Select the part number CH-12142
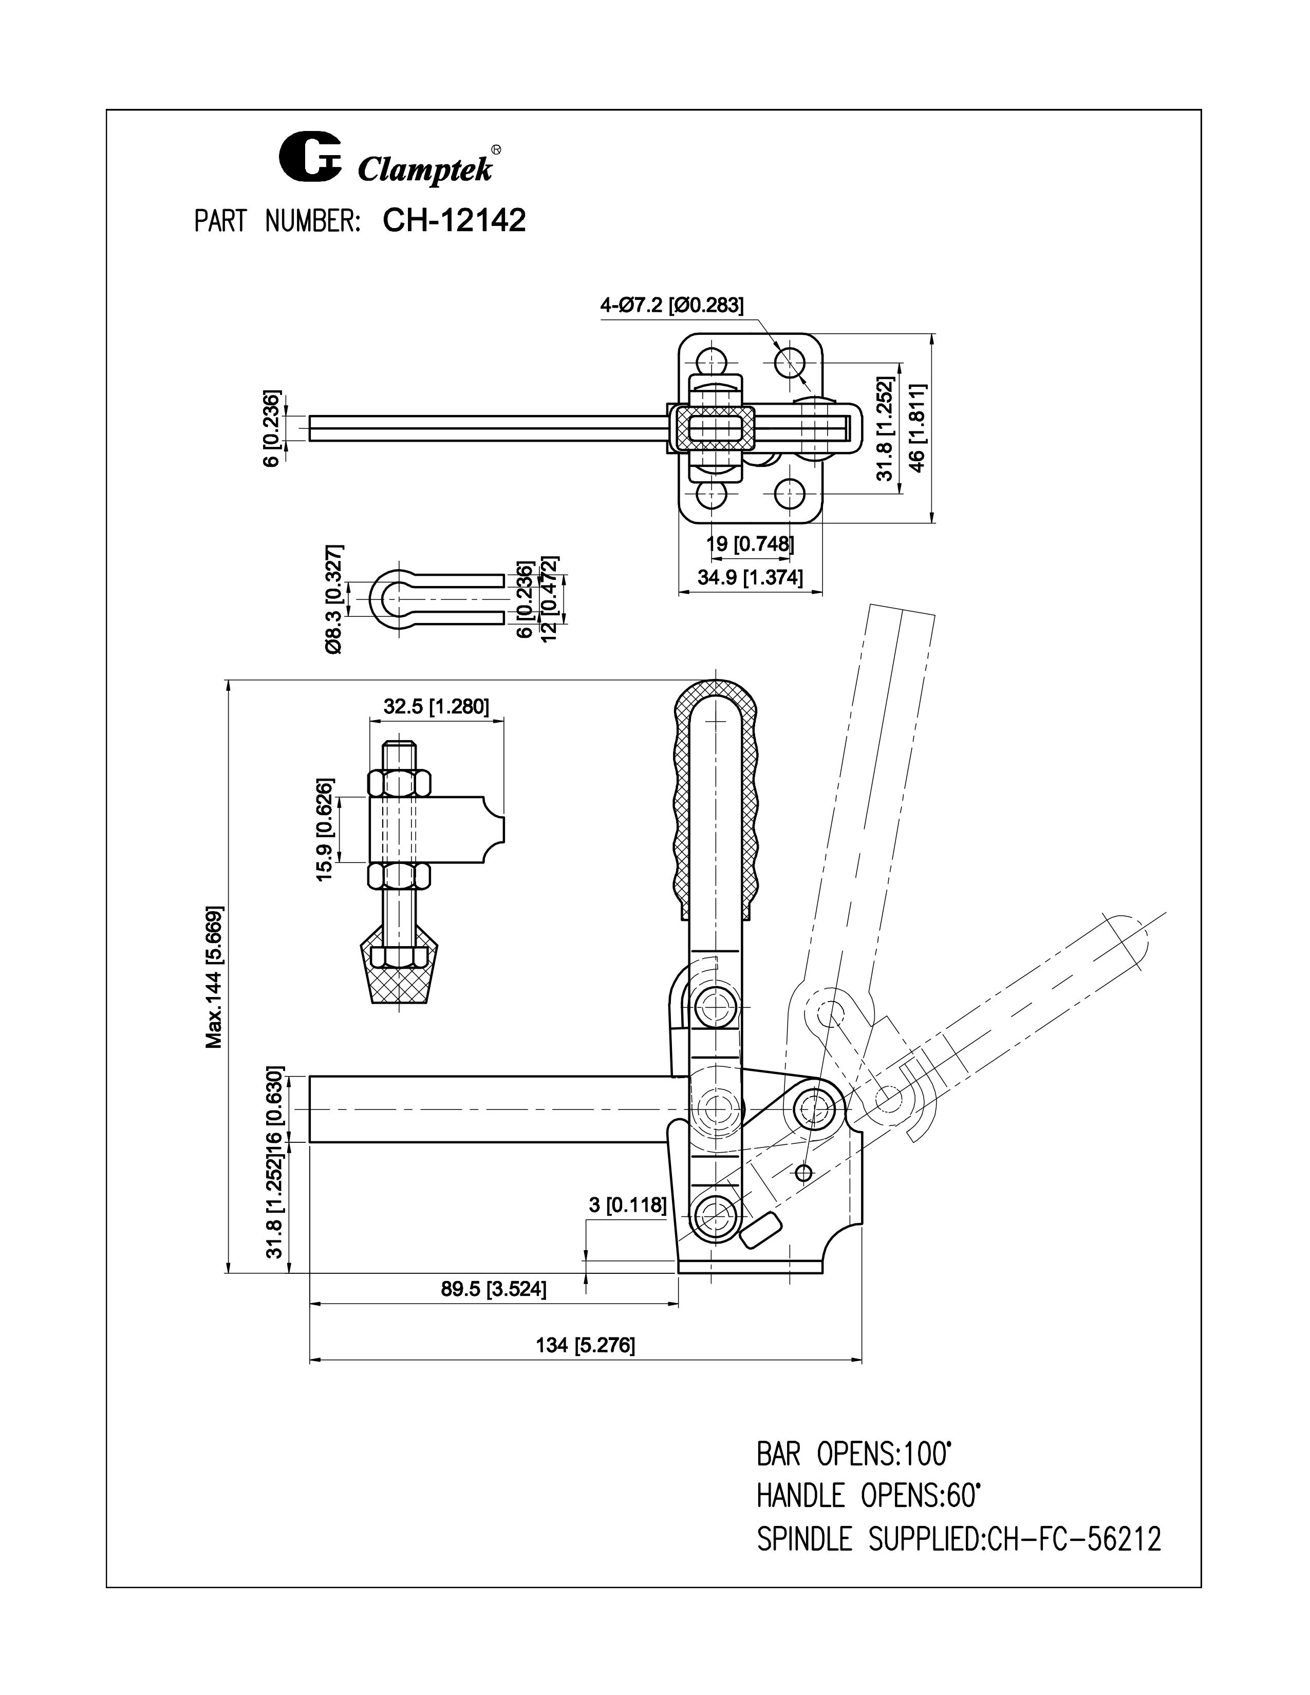[x=454, y=220]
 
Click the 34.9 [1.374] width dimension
[x=750, y=577]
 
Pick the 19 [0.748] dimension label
[x=750, y=543]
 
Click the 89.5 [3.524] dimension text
[x=494, y=1289]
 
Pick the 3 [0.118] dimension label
[x=627, y=1206]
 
